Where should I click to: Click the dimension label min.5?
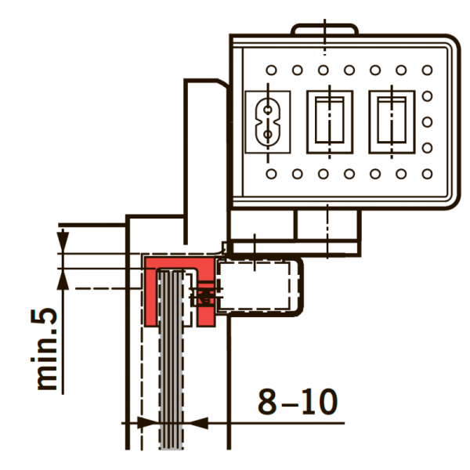(x=44, y=349)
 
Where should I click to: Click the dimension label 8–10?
(x=298, y=402)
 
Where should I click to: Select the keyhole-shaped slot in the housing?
(x=268, y=122)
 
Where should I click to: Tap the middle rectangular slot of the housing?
(x=330, y=122)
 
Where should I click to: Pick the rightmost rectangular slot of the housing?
(x=392, y=122)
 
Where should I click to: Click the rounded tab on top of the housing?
(x=324, y=29)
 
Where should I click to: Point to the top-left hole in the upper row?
(x=271, y=70)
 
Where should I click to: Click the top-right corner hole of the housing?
(x=427, y=70)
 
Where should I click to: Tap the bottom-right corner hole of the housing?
(x=427, y=174)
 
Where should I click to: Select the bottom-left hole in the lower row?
(x=271, y=174)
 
